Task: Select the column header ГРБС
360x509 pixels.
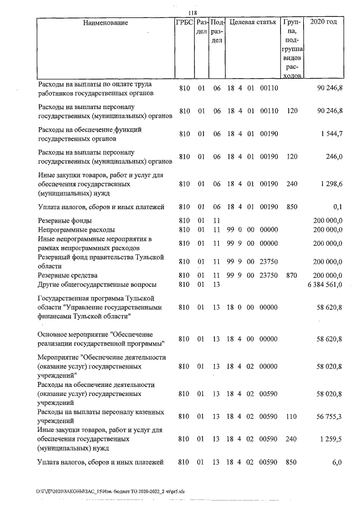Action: [184, 23]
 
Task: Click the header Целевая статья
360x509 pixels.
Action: [253, 23]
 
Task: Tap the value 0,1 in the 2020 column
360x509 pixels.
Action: [337, 207]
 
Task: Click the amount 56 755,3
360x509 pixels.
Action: [329, 417]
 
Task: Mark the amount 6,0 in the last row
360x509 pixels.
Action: [337, 462]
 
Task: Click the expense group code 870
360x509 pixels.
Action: [291, 276]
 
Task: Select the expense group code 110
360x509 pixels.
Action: [291, 417]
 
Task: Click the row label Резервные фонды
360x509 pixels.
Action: [65, 220]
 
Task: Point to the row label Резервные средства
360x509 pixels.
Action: [67, 276]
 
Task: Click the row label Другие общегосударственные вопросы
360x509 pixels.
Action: [97, 285]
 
